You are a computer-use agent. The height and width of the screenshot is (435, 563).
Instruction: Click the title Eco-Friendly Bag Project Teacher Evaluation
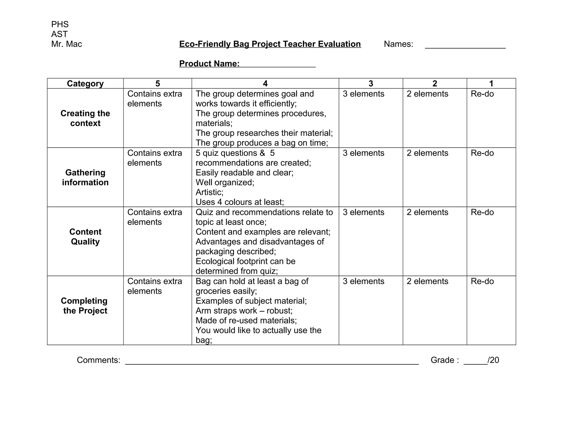(270, 44)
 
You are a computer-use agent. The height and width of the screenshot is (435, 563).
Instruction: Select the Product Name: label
(209, 64)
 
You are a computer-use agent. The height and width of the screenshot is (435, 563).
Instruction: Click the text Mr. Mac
(67, 44)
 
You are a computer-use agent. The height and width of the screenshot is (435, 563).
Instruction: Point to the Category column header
(85, 83)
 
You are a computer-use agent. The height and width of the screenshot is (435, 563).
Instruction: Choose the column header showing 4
(265, 83)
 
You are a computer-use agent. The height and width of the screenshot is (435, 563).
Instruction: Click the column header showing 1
(491, 83)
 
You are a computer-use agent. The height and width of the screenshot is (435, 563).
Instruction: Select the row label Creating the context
(85, 118)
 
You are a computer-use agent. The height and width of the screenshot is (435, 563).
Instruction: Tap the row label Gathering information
(85, 177)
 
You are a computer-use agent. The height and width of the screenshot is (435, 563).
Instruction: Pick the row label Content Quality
(85, 237)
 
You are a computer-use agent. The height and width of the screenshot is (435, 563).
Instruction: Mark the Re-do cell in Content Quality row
(482, 212)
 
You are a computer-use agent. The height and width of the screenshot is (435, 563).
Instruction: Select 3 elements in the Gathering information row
(363, 153)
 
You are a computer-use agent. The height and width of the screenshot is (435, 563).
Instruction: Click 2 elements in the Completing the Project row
(427, 281)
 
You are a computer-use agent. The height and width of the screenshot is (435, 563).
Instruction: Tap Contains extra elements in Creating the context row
(154, 99)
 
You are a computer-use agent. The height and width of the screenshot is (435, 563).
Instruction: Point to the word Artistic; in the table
(209, 192)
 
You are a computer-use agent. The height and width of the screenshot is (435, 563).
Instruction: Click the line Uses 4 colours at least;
(240, 202)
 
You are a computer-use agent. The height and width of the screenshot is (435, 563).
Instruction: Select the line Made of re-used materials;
(246, 321)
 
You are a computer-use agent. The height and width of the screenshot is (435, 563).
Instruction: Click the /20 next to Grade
(493, 360)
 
